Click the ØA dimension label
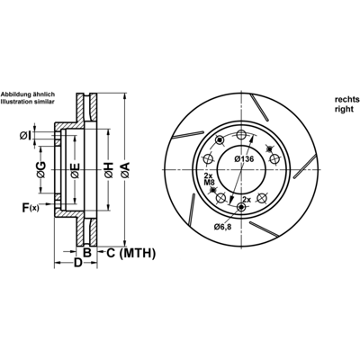pos(125,170)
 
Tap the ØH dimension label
pos(109,170)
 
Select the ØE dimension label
pos(75,170)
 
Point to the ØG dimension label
pos(41,170)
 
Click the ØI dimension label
pos(25,136)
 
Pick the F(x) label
pos(31,208)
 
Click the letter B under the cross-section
pos(86,253)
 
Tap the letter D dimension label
pos(78,263)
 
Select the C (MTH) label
pos(131,254)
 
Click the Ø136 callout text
pos(244,159)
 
